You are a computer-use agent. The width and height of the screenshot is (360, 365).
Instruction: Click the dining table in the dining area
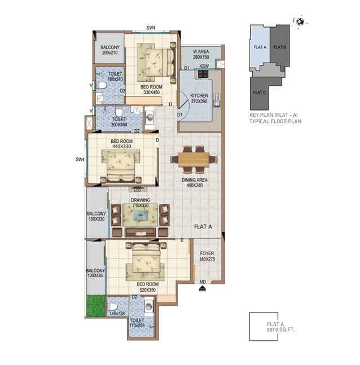(194, 159)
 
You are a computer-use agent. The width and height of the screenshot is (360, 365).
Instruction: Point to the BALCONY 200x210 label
(109, 50)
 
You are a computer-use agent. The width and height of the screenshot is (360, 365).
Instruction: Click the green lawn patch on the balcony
(96, 305)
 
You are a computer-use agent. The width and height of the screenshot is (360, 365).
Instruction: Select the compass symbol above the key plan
(299, 21)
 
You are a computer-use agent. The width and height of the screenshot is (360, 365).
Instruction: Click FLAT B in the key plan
(279, 47)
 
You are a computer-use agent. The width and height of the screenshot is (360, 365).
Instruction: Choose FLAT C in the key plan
(259, 92)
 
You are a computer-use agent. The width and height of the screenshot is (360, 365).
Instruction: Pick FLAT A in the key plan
(259, 47)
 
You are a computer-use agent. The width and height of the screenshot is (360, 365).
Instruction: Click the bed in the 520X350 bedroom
(146, 261)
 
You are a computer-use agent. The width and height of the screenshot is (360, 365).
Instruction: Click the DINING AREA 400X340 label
(194, 183)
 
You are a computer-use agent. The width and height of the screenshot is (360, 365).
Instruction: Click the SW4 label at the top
(151, 27)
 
